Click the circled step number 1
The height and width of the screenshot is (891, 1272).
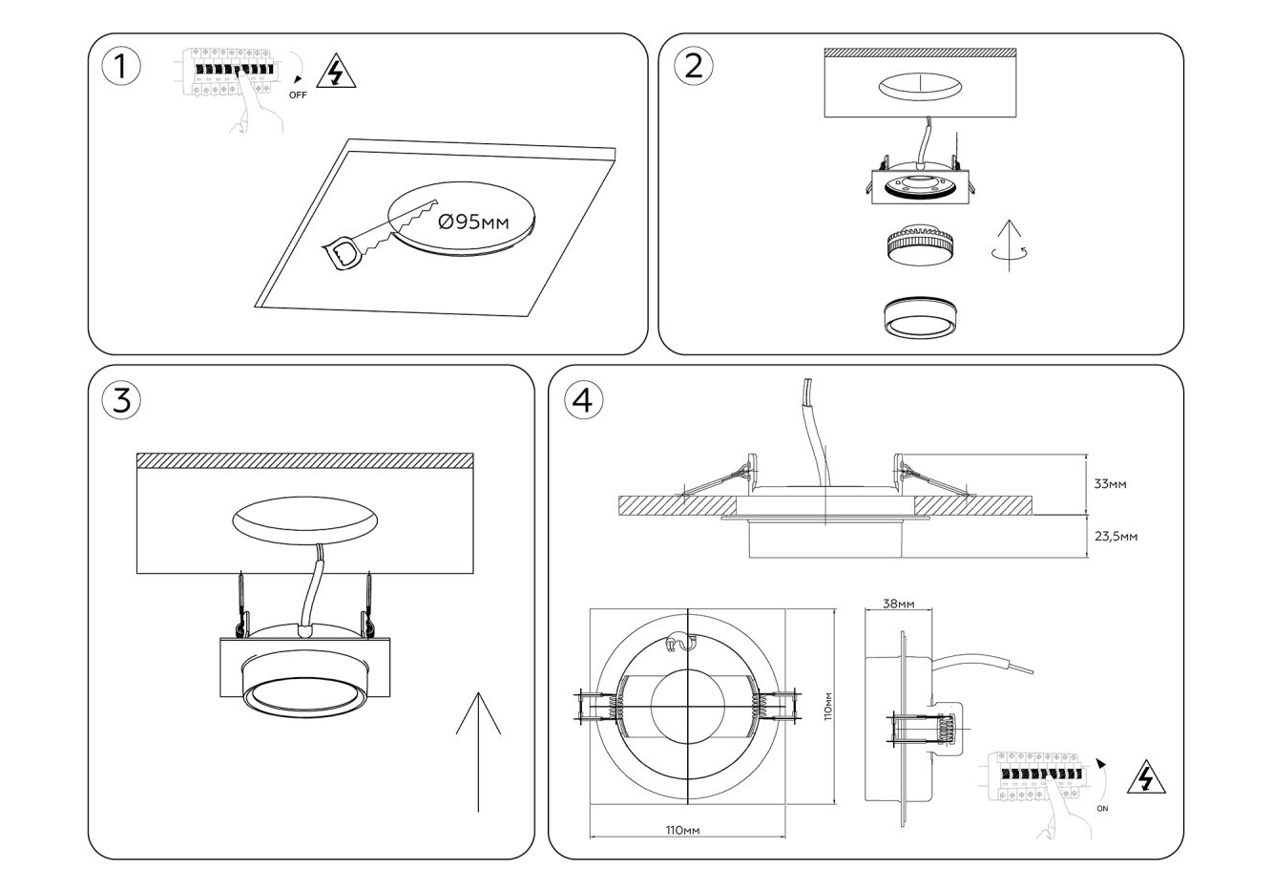[x=120, y=67]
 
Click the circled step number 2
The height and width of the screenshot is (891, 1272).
[x=694, y=65]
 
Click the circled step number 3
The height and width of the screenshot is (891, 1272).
[x=121, y=400]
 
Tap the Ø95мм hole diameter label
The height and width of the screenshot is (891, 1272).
[x=473, y=223]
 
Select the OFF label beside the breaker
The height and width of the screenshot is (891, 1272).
[x=298, y=95]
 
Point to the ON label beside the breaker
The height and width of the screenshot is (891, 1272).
[x=1103, y=808]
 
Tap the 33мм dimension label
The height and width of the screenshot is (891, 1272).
[x=1110, y=484]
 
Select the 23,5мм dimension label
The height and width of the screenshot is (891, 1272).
[x=1115, y=536]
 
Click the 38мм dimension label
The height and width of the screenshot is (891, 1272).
[x=899, y=604]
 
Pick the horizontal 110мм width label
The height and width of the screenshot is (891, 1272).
[x=683, y=830]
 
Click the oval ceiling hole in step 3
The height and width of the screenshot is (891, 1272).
[x=304, y=520]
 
